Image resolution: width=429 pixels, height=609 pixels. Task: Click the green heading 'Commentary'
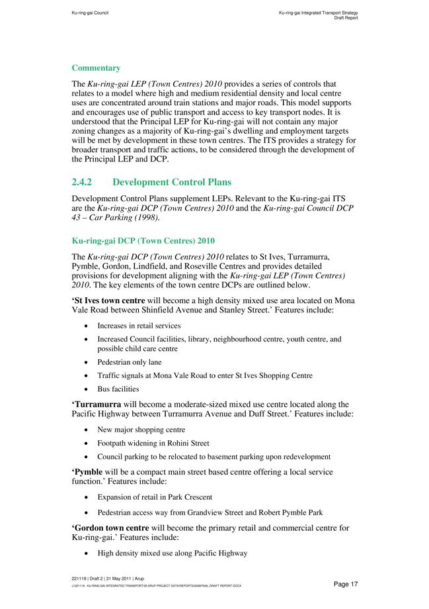96,68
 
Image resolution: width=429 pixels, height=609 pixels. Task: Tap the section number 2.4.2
85,182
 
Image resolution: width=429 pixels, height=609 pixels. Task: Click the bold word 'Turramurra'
100,404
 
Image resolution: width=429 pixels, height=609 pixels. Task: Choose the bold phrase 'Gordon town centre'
110,528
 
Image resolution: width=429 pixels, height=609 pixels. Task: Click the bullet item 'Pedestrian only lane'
129,362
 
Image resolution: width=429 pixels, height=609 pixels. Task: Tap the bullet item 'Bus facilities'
118,389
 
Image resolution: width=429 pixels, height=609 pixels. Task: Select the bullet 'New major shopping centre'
141,430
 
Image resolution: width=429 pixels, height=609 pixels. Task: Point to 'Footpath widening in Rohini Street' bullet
153,443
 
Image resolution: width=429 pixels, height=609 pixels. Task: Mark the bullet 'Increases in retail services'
139,326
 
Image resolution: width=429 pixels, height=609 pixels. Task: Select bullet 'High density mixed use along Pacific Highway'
172,553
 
